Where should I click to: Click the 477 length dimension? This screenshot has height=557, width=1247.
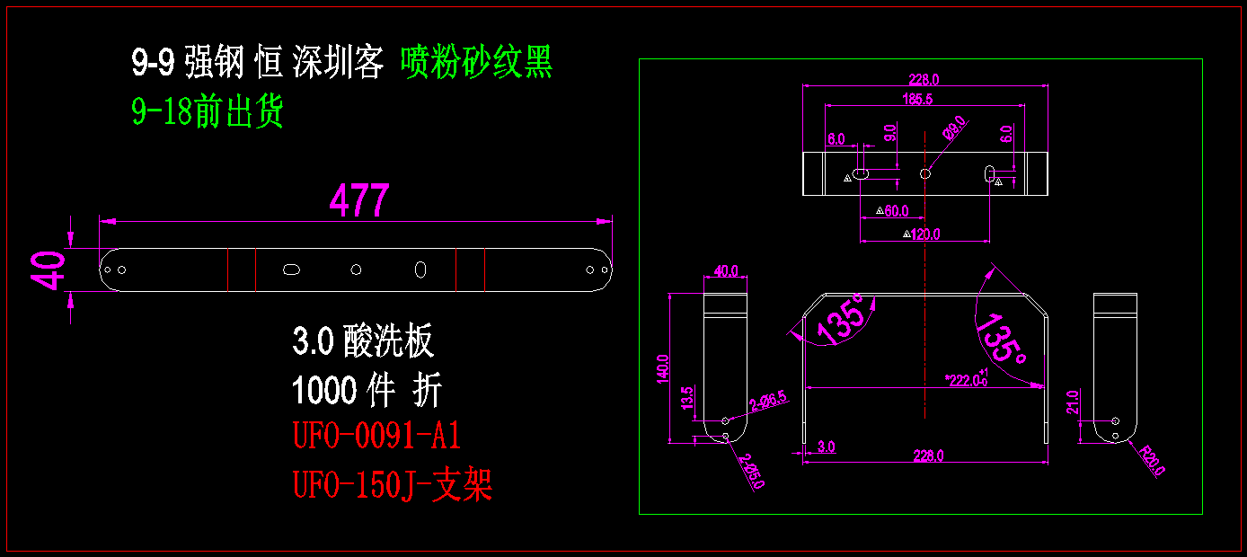pyautogui.click(x=359, y=200)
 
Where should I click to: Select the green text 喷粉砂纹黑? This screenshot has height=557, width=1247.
pyautogui.click(x=476, y=62)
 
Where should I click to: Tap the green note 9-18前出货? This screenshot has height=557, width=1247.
pyautogui.click(x=208, y=112)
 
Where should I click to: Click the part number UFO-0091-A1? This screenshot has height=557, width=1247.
pyautogui.click(x=376, y=437)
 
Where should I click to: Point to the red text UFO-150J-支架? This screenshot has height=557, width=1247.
pyautogui.click(x=393, y=486)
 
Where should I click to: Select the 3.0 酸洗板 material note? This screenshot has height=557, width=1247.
pyautogui.click(x=363, y=341)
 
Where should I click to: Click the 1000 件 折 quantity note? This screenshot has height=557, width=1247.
pyautogui.click(x=367, y=391)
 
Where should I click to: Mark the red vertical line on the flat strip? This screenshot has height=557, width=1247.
pyautogui.click(x=255, y=269)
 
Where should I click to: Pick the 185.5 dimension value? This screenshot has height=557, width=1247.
pyautogui.click(x=916, y=100)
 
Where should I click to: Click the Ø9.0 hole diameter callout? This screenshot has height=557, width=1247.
pyautogui.click(x=953, y=128)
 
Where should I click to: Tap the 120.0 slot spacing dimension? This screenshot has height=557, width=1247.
pyautogui.click(x=925, y=234)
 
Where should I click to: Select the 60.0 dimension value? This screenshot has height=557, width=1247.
pyautogui.click(x=896, y=211)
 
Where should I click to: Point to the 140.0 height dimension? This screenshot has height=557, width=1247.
pyautogui.click(x=663, y=367)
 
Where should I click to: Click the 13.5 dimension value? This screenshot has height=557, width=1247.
pyautogui.click(x=687, y=398)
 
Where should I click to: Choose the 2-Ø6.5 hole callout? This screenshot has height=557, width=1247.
pyautogui.click(x=769, y=402)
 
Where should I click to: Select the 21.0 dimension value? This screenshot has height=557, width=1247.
pyautogui.click(x=1072, y=401)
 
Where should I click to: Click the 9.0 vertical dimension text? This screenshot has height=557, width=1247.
pyautogui.click(x=890, y=134)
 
